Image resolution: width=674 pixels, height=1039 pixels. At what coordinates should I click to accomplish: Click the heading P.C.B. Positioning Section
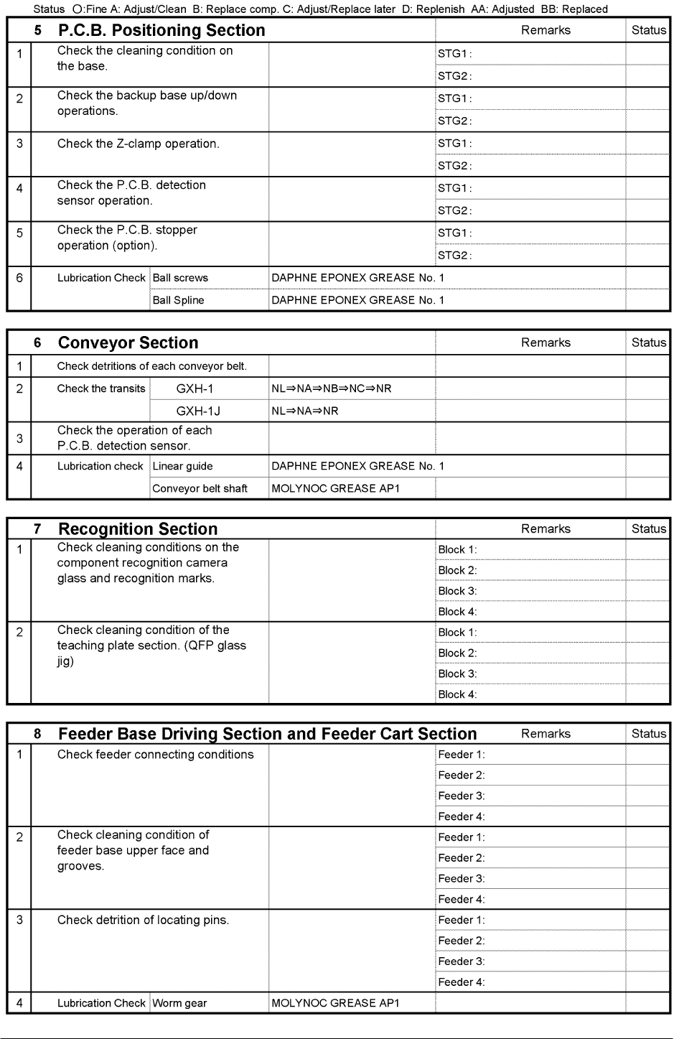pyautogui.click(x=162, y=30)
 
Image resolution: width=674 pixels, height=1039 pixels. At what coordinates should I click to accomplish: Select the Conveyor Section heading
pyautogui.click(x=128, y=343)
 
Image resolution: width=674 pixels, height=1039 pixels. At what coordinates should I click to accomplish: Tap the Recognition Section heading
pyautogui.click(x=138, y=529)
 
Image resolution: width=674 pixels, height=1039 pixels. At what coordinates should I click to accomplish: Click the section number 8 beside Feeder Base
pyautogui.click(x=37, y=734)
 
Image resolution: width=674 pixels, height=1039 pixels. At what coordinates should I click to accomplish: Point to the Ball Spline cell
pyautogui.click(x=178, y=300)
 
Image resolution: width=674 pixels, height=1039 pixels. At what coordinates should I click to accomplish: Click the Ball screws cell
pyautogui.click(x=180, y=278)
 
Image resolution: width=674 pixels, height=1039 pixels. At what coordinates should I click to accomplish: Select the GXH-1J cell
pyautogui.click(x=197, y=411)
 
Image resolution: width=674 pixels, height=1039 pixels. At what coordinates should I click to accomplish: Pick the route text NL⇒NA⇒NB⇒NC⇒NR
pyautogui.click(x=331, y=388)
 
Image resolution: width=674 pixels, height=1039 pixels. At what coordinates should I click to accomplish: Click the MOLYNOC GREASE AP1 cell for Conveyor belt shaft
pyautogui.click(x=335, y=488)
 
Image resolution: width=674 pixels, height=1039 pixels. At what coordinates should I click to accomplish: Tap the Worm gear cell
pyautogui.click(x=179, y=1003)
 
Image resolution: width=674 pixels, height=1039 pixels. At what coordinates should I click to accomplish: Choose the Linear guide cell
pyautogui.click(x=182, y=466)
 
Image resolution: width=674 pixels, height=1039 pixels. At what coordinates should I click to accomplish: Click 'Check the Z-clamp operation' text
pyautogui.click(x=139, y=144)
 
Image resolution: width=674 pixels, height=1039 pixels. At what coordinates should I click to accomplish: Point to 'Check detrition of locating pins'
pyautogui.click(x=143, y=920)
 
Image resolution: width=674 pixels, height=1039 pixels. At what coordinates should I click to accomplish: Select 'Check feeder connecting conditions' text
pyautogui.click(x=155, y=755)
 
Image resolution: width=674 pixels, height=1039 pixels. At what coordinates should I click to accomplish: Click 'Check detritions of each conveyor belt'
pyautogui.click(x=151, y=366)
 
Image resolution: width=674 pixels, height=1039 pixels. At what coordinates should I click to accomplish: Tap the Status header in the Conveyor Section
pyautogui.click(x=648, y=343)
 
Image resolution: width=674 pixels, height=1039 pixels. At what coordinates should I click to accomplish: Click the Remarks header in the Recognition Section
pyautogui.click(x=546, y=529)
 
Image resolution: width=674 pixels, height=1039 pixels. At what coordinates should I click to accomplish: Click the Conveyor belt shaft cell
pyautogui.click(x=200, y=488)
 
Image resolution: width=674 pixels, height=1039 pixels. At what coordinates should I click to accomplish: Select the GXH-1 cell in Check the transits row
pyautogui.click(x=195, y=388)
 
